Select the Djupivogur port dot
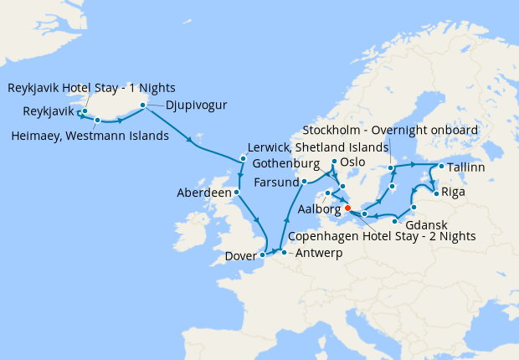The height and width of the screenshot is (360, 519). click(x=143, y=105)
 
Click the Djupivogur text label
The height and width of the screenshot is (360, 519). click(x=198, y=105)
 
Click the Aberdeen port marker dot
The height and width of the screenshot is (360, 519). click(x=237, y=192)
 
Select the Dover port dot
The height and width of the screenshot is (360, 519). click(x=263, y=254)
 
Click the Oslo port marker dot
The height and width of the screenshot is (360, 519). click(x=334, y=162)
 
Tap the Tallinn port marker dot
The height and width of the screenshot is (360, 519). click(x=434, y=167)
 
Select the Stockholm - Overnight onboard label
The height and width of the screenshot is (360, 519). click(x=390, y=131)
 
